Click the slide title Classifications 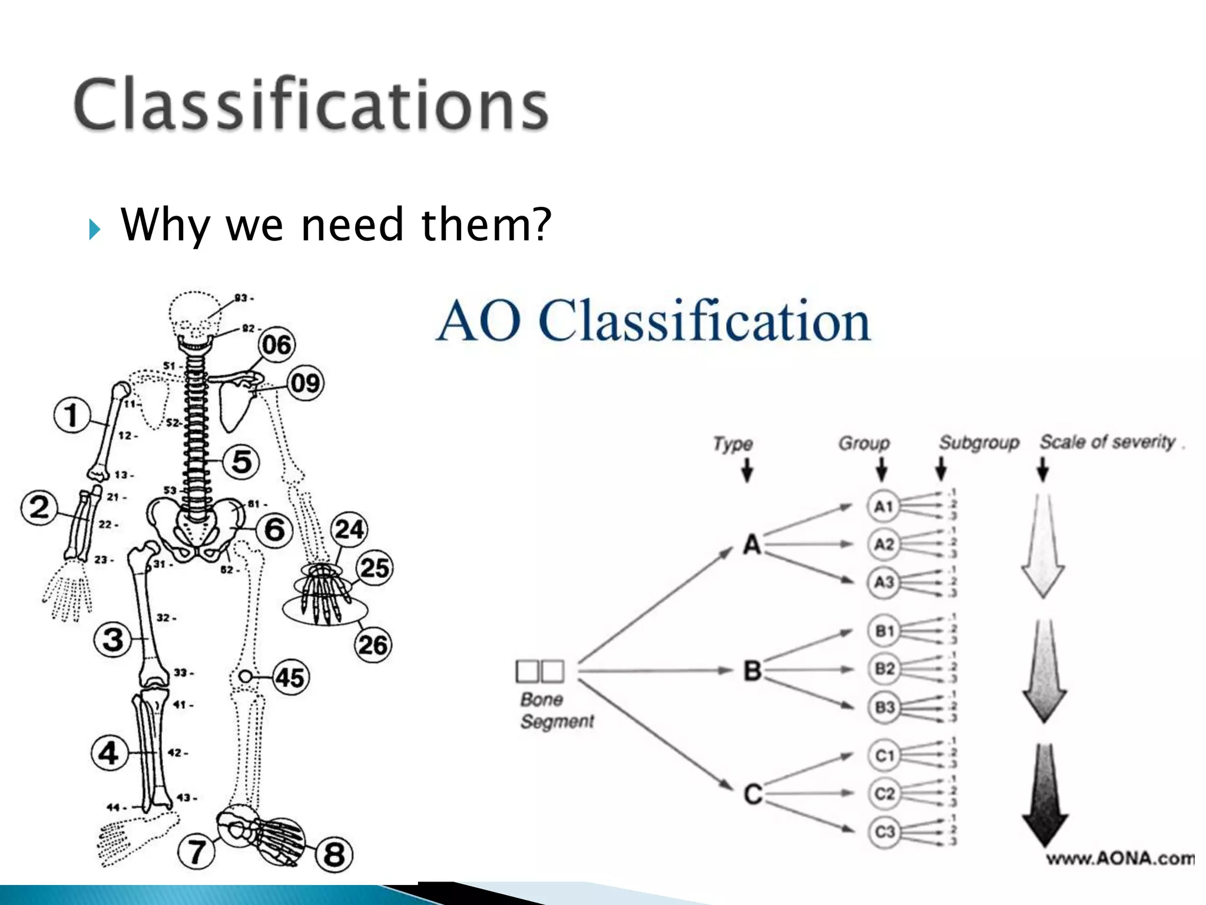[311, 104]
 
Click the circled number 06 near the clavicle [277, 345]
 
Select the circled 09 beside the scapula [305, 384]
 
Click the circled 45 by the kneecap [290, 678]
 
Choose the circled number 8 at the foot [334, 854]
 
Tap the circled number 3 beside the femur [112, 639]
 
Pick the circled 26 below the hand [373, 645]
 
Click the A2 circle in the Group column [883, 544]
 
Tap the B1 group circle [884, 631]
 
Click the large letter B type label [753, 671]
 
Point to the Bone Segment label [556, 711]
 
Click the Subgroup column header [979, 442]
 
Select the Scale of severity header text [1107, 441]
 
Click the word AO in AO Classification [478, 321]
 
